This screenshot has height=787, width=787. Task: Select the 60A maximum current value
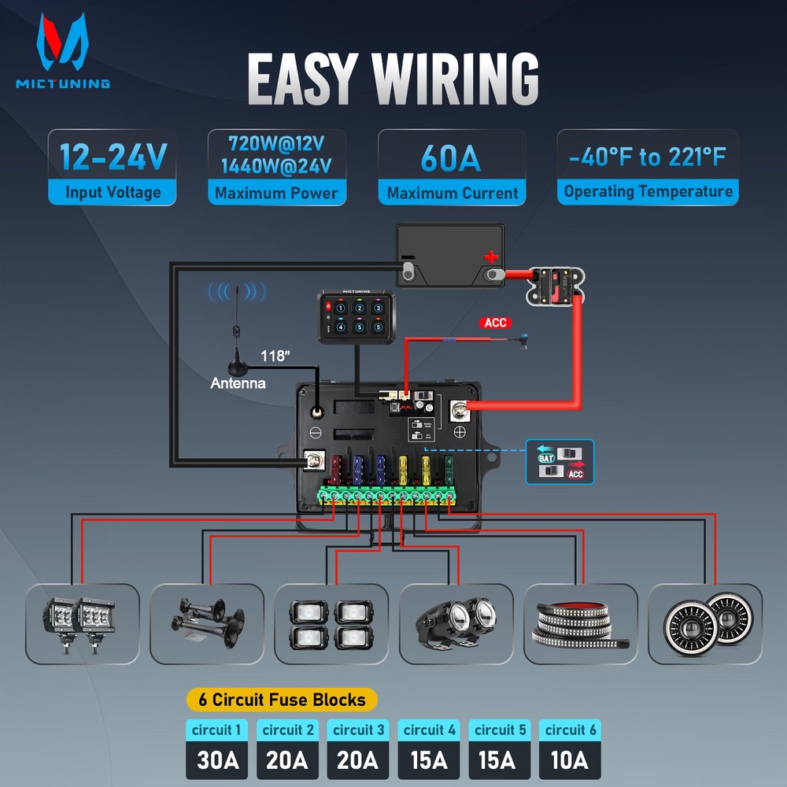tap(451, 157)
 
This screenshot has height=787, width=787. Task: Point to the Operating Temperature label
tap(648, 192)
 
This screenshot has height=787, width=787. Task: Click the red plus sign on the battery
tap(491, 257)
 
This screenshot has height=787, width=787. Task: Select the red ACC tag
tap(496, 323)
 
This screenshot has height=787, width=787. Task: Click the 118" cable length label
tap(276, 356)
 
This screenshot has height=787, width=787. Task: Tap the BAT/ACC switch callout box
tap(560, 462)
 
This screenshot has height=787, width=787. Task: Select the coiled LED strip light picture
tap(580, 623)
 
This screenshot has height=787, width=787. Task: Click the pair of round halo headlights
tap(704, 623)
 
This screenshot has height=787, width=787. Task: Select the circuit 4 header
tap(429, 730)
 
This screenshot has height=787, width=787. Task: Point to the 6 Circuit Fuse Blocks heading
tap(282, 699)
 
